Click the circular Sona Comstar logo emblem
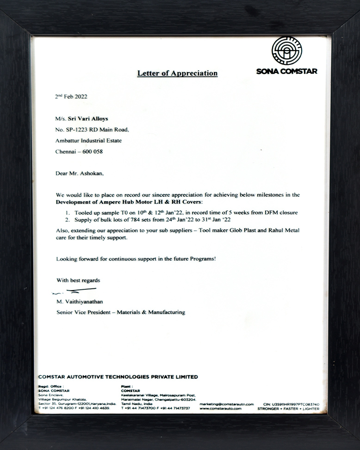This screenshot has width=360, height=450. coord(286,51)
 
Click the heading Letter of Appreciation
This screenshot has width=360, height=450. coord(177,73)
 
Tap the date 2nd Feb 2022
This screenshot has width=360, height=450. coord(71,97)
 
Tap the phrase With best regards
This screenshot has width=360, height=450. coord(78,280)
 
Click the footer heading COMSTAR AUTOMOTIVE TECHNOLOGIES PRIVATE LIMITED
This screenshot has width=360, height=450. coord(118,377)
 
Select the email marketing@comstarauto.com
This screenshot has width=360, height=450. coord(227,404)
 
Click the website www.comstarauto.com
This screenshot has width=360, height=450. coord(221,409)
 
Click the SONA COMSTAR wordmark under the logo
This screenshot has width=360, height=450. coord(286,71)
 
